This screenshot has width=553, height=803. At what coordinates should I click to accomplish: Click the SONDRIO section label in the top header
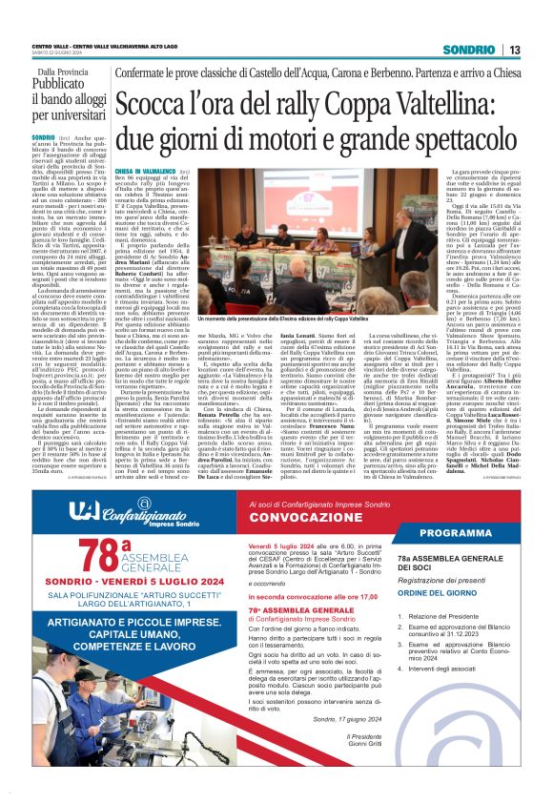473,50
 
